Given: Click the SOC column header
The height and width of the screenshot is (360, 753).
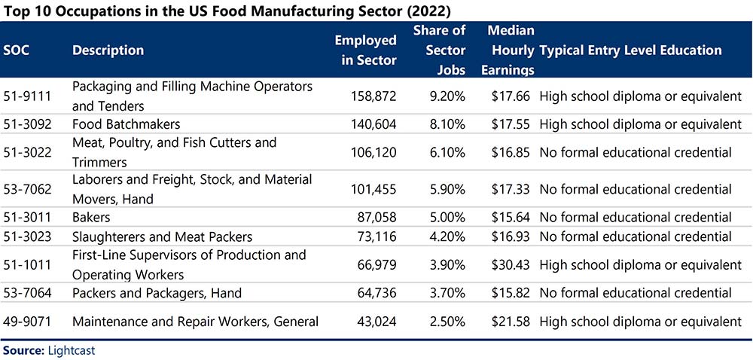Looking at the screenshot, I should coord(17,50).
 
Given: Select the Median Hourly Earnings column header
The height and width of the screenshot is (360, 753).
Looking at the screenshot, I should coord(511,50).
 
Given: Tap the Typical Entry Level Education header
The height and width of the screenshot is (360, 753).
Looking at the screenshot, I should coord(630,50).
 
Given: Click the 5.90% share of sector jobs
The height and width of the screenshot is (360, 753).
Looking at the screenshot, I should coord(446,189).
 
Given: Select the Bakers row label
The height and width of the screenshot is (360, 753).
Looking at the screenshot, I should coord(91,217).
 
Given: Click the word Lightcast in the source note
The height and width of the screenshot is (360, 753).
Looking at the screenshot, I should coord(71,351).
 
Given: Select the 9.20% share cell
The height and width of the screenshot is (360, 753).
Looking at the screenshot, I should coord(446,96).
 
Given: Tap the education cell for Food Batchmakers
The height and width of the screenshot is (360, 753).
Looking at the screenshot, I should coord(640,124).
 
